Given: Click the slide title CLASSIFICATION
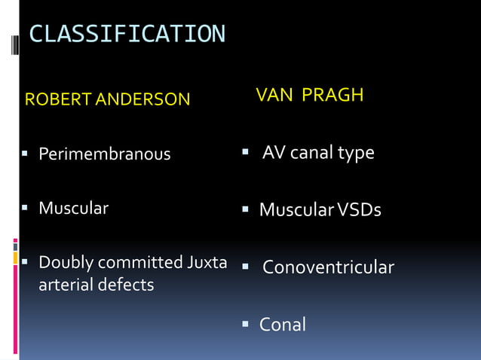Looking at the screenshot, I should pos(127,34).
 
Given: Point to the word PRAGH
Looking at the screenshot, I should pos(332,95).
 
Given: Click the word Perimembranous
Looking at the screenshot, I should pos(105,154).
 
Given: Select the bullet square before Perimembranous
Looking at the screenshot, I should pos(24,154).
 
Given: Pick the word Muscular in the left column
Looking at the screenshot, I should pos(73,208).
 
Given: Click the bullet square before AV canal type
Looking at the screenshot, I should pos(246,152).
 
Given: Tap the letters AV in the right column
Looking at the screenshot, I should pos(274,153).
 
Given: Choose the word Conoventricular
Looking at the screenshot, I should pos(328,267).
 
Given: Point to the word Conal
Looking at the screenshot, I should pos(283,325).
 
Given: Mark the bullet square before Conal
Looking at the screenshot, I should pos(245,324).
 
